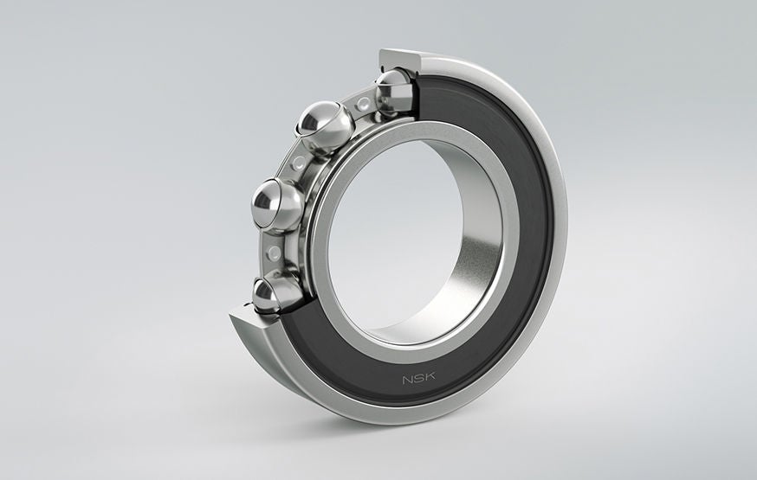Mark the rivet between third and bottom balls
tap(275, 252)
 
